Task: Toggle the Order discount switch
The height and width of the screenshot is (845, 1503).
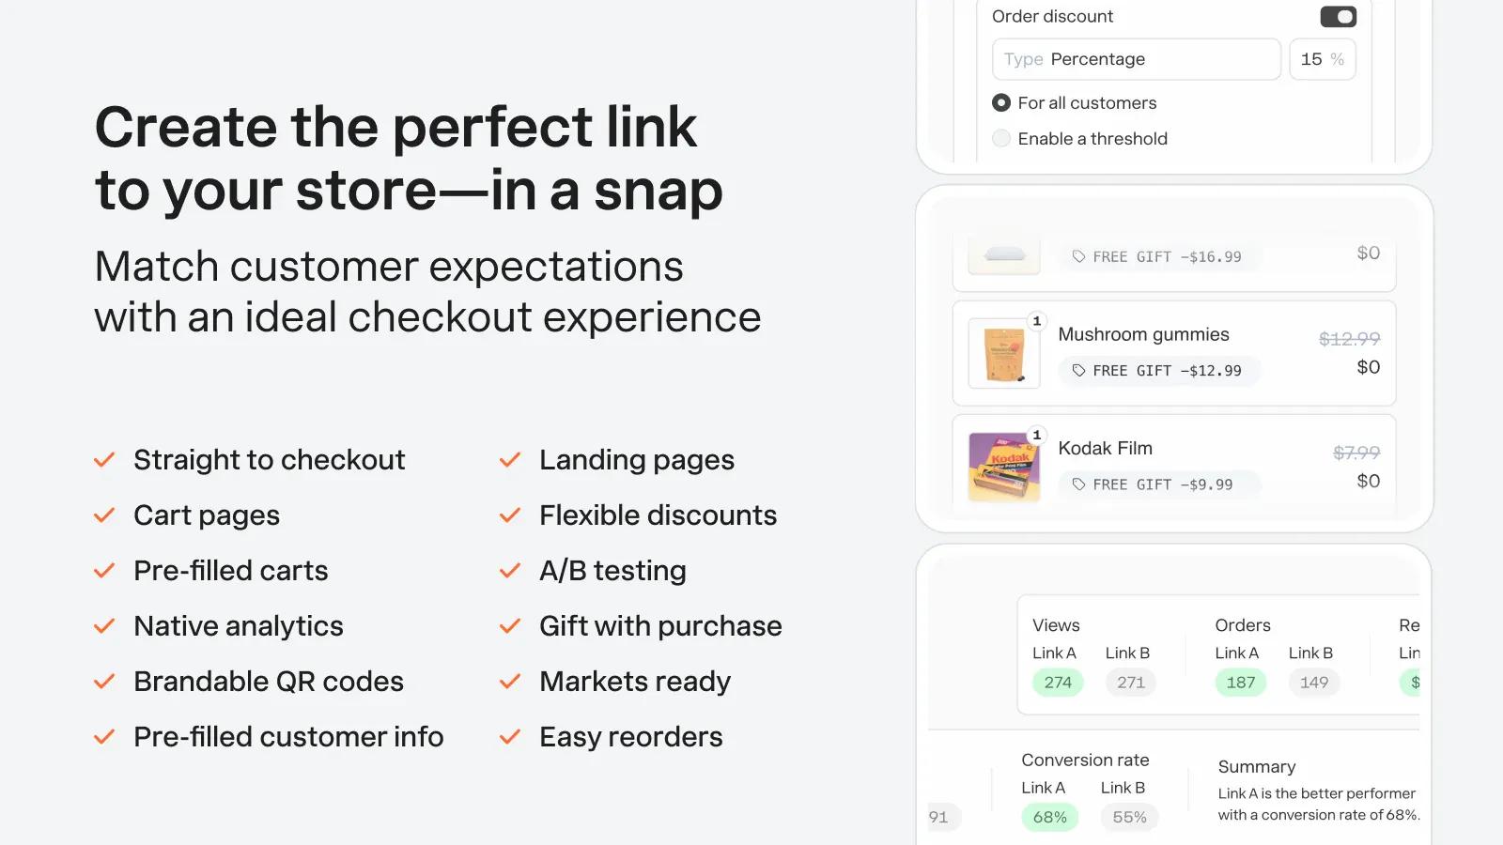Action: coord(1338,17)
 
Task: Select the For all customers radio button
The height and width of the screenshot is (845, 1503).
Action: coord(1001,102)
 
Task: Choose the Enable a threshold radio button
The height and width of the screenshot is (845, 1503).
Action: coord(1001,138)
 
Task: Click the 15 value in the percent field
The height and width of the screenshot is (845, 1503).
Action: coord(1311,59)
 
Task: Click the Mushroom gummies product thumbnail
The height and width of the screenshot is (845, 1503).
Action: coord(1004,353)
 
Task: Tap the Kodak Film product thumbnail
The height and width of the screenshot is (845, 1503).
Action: coord(1004,467)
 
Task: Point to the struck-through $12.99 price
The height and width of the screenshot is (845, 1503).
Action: coord(1349,339)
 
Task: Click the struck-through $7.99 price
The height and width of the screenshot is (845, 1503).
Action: coord(1356,453)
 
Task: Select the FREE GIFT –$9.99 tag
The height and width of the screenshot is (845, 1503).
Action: coord(1159,484)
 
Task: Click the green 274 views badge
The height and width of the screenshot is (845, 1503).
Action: coord(1058,682)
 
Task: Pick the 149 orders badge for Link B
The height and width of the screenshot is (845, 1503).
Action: coord(1314,682)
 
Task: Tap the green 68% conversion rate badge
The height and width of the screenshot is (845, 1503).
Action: coord(1050,817)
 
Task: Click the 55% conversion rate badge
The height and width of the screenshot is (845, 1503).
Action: coord(1129,817)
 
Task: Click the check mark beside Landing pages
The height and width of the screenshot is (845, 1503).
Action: coord(510,460)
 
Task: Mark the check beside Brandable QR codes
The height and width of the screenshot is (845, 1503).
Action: coord(104,682)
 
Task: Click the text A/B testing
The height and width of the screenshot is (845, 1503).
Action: coord(612,571)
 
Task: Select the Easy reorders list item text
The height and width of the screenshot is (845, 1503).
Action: coord(630,737)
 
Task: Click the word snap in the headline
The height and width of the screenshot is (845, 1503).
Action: coord(659,191)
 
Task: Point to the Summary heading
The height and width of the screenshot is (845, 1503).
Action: coord(1257,766)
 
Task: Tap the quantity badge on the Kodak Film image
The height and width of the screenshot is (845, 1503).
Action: coord(1037,435)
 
